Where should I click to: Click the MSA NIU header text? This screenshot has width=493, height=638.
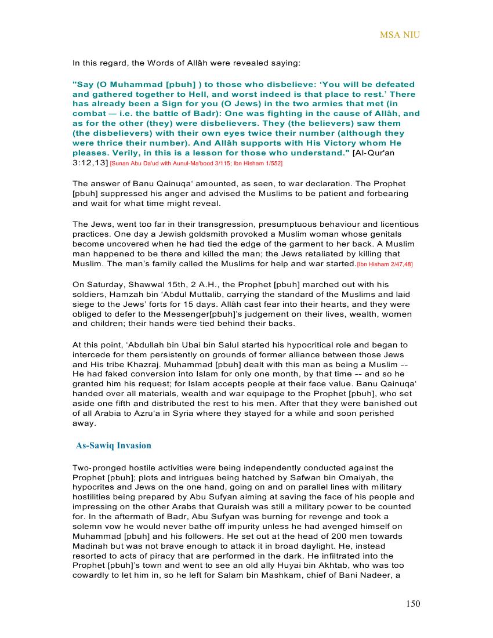(x=400, y=35)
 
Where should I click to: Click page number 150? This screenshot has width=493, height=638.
(x=412, y=604)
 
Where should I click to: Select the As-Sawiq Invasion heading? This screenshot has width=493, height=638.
(x=114, y=445)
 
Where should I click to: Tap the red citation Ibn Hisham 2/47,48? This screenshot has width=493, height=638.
(x=385, y=264)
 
